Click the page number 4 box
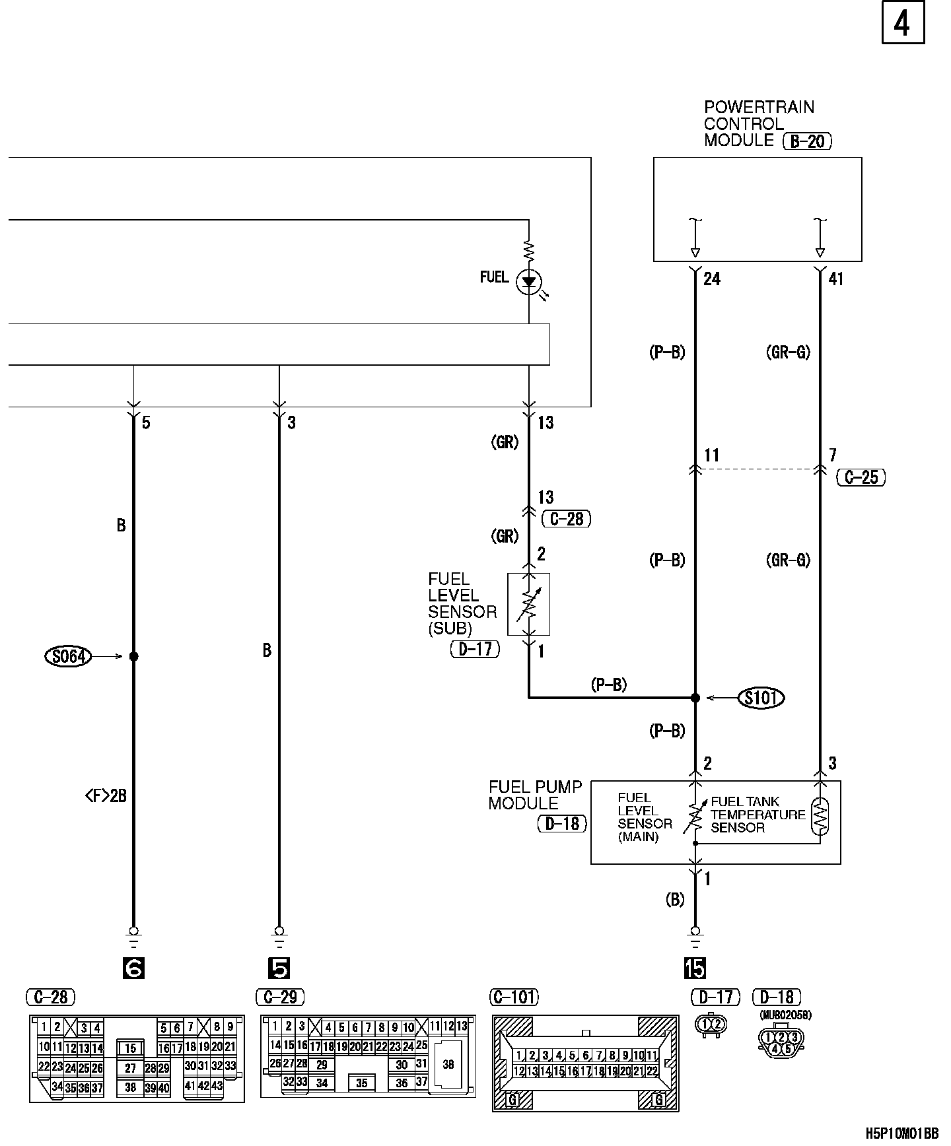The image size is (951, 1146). point(902,24)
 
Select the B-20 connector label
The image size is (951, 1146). point(806,141)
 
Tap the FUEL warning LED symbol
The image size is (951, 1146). point(529,282)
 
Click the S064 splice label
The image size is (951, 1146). point(68,656)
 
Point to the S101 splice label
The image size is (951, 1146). point(761,698)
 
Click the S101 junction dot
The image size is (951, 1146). point(695,698)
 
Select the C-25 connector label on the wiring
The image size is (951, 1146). point(861,477)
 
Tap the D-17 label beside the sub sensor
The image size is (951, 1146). point(475,650)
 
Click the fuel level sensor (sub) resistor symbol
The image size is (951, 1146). point(529,604)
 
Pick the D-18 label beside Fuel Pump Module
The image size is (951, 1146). point(562,823)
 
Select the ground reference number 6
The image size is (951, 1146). point(133,968)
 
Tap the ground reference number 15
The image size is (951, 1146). point(695,968)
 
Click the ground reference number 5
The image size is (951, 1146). point(279,968)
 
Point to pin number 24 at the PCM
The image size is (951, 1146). point(712,279)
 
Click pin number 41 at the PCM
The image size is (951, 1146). point(835,279)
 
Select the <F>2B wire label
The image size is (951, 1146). point(106,796)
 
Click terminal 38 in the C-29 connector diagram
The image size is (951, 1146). point(448,1064)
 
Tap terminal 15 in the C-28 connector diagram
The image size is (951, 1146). point(131,1048)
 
